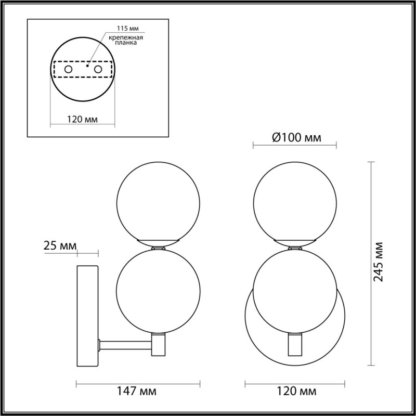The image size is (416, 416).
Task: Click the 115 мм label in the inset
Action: point(128,28)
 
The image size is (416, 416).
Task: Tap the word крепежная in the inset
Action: point(126,37)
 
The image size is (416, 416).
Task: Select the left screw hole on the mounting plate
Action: point(68,70)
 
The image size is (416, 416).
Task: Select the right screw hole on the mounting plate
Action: point(98,70)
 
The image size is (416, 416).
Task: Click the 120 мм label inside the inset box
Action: point(82,120)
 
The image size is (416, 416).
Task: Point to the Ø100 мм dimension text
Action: point(296,138)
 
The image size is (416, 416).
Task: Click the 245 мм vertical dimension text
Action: point(379,262)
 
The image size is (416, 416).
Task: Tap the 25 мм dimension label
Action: point(60,246)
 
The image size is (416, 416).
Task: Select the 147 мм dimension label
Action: point(137,391)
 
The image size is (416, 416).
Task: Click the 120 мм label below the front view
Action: point(296,391)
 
